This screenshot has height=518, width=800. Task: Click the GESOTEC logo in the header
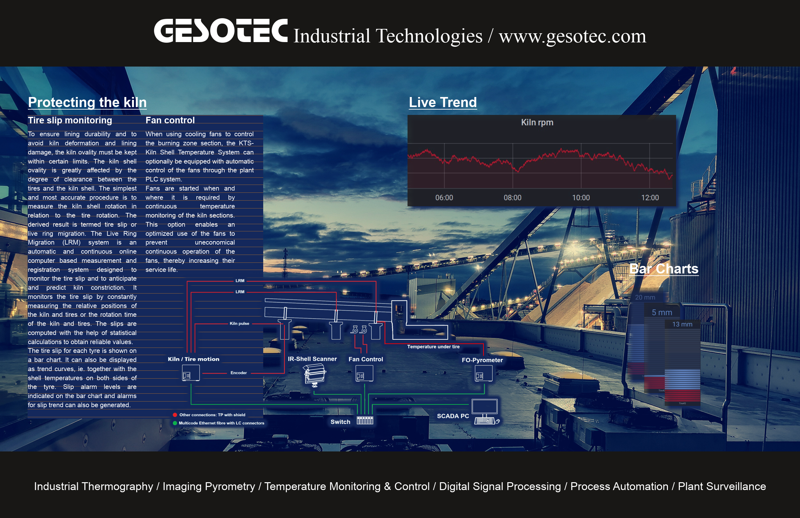(x=221, y=31)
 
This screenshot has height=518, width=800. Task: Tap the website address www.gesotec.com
(x=572, y=36)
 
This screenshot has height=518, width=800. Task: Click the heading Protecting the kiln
(x=88, y=102)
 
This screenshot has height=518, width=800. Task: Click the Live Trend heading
(x=443, y=102)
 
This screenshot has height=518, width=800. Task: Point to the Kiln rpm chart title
(x=537, y=122)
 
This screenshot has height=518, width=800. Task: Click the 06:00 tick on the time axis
(x=444, y=198)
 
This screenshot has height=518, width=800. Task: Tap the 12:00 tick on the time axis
(x=650, y=198)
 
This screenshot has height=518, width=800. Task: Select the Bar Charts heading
(x=664, y=269)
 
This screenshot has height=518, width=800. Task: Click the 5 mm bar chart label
(x=662, y=312)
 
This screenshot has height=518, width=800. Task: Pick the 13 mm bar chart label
(x=682, y=324)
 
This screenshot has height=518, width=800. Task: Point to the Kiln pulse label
(x=239, y=324)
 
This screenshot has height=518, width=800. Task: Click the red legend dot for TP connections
(x=175, y=415)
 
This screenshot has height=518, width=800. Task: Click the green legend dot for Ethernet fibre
(x=175, y=423)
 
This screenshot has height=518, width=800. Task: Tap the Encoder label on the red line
(x=239, y=373)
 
